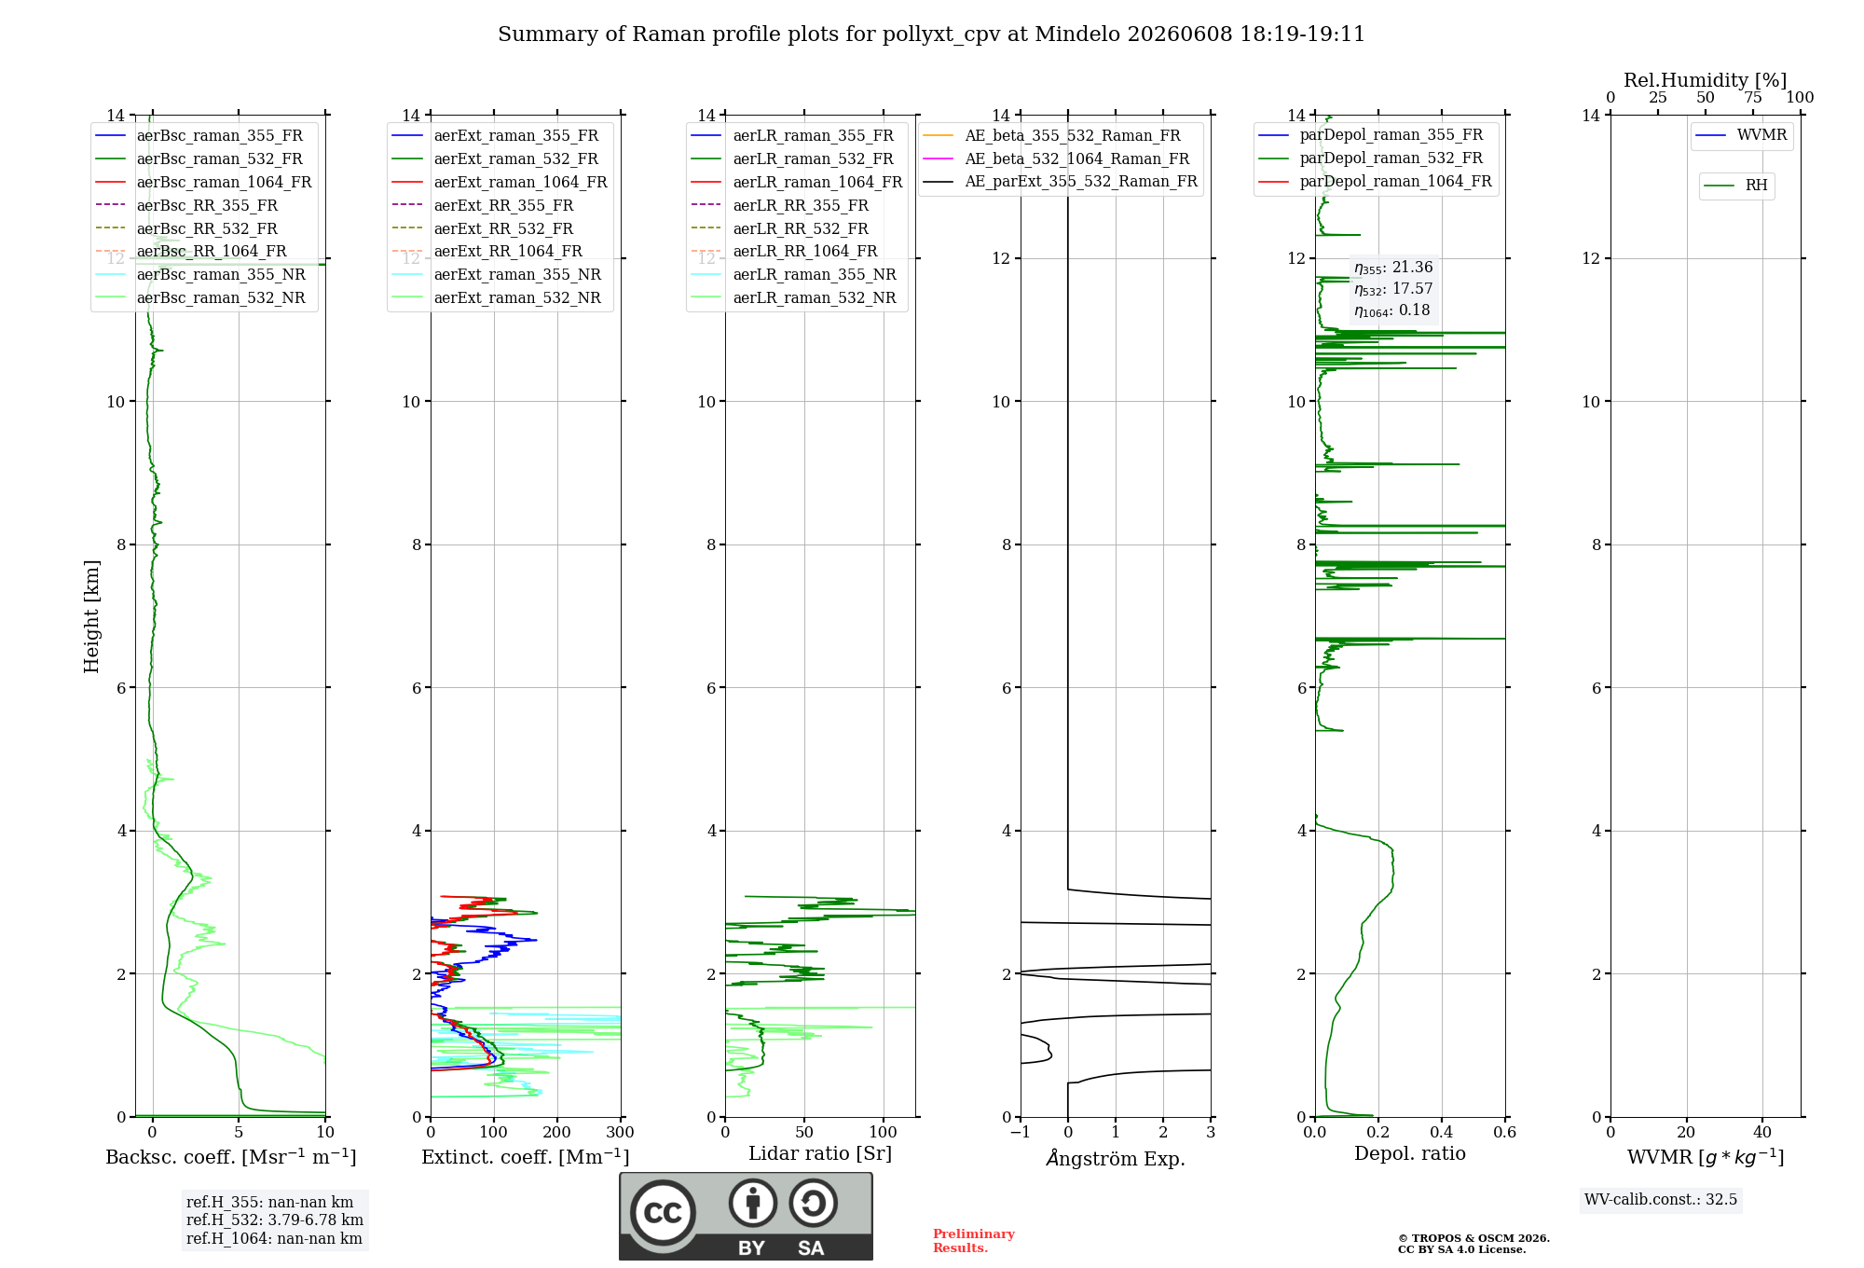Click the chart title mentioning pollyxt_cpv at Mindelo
931,34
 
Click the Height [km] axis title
91,616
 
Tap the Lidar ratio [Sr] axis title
820,1153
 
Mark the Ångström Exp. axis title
1116,1158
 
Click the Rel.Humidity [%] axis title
1706,80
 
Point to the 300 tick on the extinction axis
620,1132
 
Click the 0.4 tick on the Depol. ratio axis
1442,1132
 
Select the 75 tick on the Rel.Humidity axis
1753,97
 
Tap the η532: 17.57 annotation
1393,289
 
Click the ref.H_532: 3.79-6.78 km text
275,1220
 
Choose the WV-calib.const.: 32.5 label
1661,1199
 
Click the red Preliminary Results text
974,1241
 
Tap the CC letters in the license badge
663,1213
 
